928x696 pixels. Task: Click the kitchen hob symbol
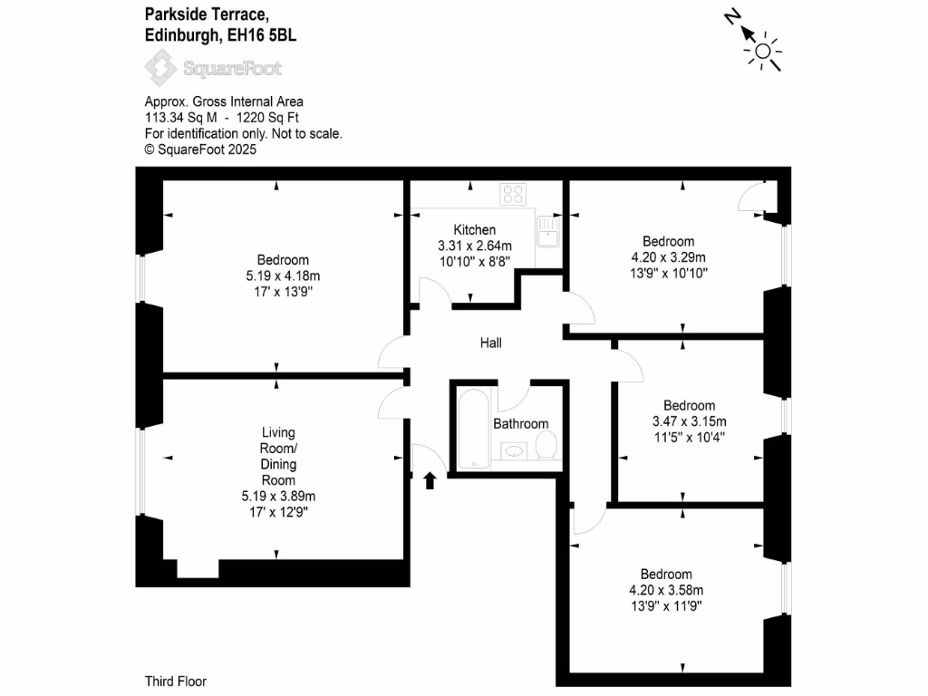coord(514,193)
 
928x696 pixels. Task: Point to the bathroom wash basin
coord(514,449)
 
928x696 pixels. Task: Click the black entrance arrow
coord(430,480)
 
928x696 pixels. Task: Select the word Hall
coord(490,343)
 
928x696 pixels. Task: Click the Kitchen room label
coord(475,230)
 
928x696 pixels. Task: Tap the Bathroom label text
coord(520,423)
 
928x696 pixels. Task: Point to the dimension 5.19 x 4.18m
coord(283,275)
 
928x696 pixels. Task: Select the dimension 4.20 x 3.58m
coord(666,589)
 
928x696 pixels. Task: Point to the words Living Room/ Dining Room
coord(278,456)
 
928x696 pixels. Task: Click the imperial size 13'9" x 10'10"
coord(669,272)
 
